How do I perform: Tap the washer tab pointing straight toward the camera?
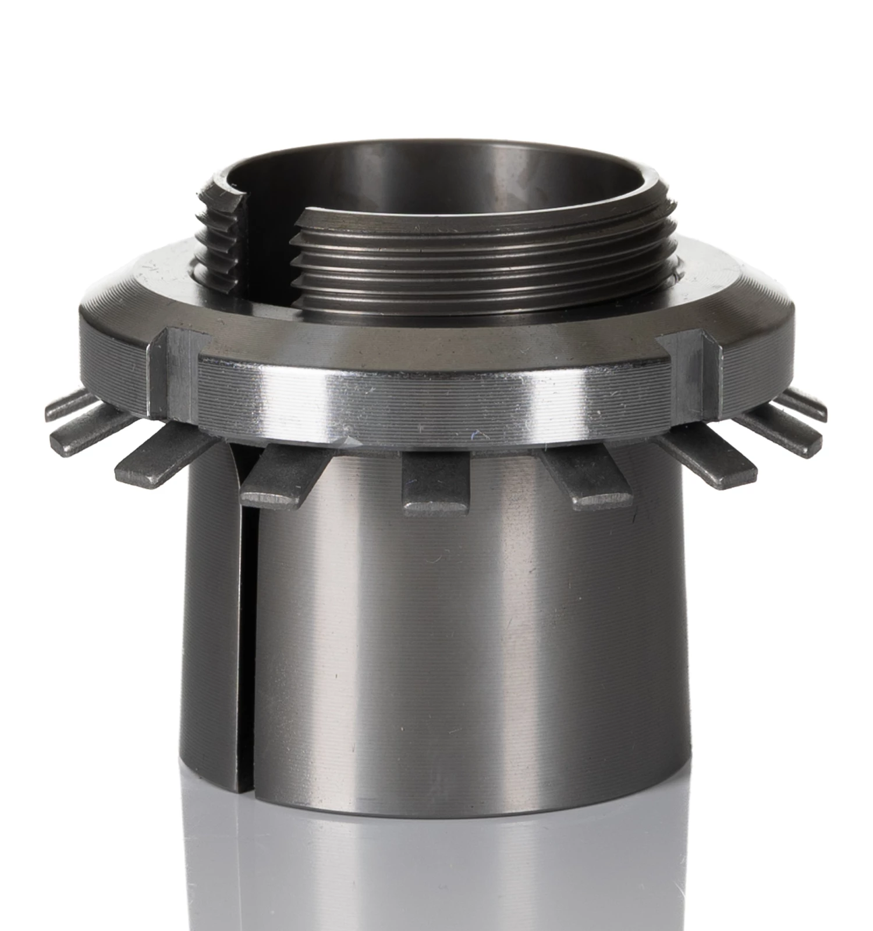[x=435, y=483]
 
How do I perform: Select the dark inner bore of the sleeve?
[x=442, y=175]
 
